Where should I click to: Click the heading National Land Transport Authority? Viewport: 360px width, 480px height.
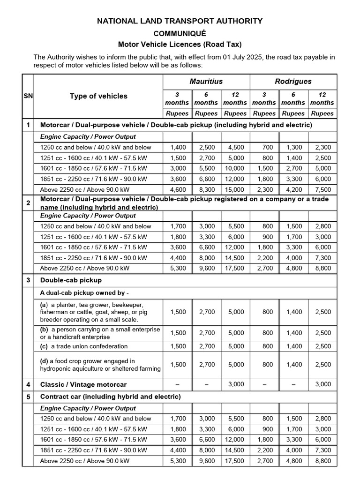pyautogui.click(x=180, y=21)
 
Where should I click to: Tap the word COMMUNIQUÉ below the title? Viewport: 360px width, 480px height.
pyautogui.click(x=180, y=33)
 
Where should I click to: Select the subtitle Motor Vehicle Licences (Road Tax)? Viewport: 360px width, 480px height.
pyautogui.click(x=180, y=45)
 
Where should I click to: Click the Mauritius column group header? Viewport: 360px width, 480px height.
pyautogui.click(x=206, y=81)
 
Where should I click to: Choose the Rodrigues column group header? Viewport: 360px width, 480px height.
pyautogui.click(x=293, y=81)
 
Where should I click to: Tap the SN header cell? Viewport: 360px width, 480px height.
pyautogui.click(x=28, y=96)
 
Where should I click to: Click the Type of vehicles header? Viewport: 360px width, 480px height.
pyautogui.click(x=98, y=96)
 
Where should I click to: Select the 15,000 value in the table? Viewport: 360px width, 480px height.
pyautogui.click(x=235, y=190)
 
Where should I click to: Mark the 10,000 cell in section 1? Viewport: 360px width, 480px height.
pyautogui.click(x=235, y=168)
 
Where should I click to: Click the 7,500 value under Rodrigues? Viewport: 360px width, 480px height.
pyautogui.click(x=323, y=190)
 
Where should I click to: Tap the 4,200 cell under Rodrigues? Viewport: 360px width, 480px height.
pyautogui.click(x=294, y=190)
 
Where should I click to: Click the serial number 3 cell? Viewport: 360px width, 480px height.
pyautogui.click(x=28, y=280)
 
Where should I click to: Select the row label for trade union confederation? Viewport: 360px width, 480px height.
pyautogui.click(x=84, y=346)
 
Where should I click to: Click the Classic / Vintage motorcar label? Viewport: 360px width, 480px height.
pyautogui.click(x=83, y=384)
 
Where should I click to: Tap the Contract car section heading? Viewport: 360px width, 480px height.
pyautogui.click(x=110, y=397)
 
